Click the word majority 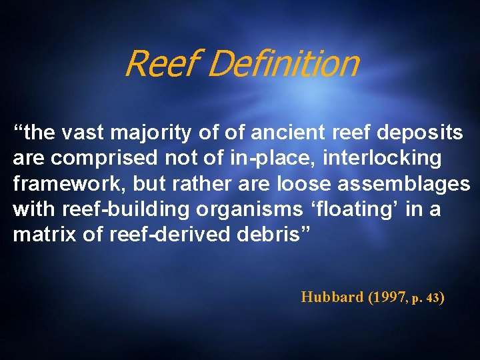[x=153, y=133]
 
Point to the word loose [x=307, y=184]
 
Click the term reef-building [x=126, y=209]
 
